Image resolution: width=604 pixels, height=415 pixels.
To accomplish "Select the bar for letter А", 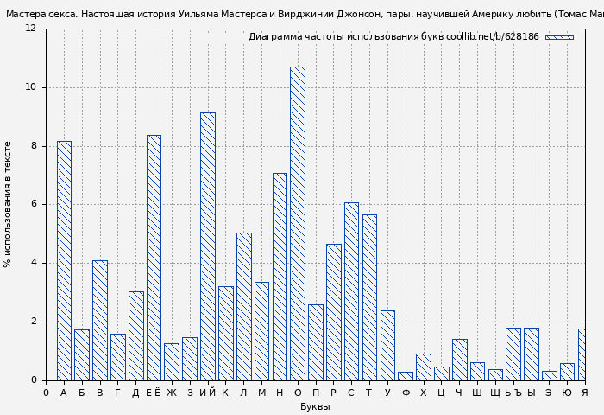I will pyautogui.click(x=64, y=260).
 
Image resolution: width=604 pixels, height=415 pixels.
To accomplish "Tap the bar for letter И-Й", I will pyautogui.click(x=207, y=246).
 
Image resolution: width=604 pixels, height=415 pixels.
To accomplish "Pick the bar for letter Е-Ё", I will pyautogui.click(x=154, y=258).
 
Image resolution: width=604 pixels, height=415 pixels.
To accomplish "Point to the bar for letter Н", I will pyautogui.click(x=280, y=277).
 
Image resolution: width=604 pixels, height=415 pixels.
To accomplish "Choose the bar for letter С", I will pyautogui.click(x=351, y=291).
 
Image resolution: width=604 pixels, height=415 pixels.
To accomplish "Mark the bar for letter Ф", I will pyautogui.click(x=406, y=376).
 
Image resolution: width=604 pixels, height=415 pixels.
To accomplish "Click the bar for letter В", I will pyautogui.click(x=100, y=320).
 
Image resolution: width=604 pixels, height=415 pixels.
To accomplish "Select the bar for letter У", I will pyautogui.click(x=387, y=345).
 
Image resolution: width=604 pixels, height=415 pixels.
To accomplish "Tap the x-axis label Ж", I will pyautogui.click(x=172, y=393).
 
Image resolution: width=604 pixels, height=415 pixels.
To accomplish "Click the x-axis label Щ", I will pyautogui.click(x=495, y=393).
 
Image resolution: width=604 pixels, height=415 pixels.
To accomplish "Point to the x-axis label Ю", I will pyautogui.click(x=567, y=393).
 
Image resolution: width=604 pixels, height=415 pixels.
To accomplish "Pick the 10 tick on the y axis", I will pyautogui.click(x=31, y=87).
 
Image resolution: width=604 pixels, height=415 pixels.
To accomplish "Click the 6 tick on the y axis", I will pyautogui.click(x=34, y=205).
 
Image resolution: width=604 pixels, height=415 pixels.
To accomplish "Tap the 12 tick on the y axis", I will pyautogui.click(x=31, y=29).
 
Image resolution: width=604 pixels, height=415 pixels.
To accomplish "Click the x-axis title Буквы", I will pyautogui.click(x=315, y=406).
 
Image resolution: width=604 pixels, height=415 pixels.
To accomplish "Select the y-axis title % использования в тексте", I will pyautogui.click(x=8, y=204).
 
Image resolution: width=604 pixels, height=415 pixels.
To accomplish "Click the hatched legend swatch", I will pyautogui.click(x=559, y=37).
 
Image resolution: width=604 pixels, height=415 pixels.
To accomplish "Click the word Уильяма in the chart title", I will pyautogui.click(x=198, y=14).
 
